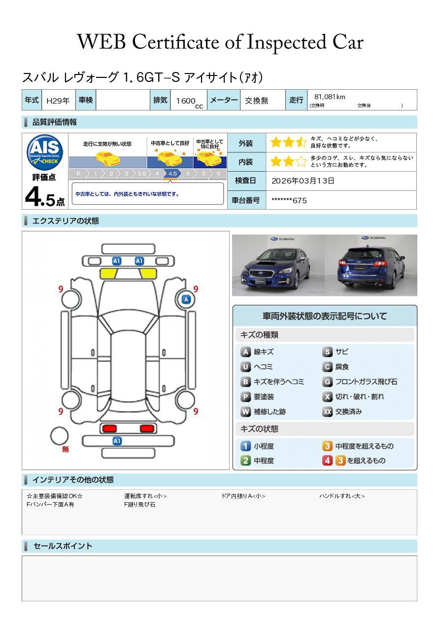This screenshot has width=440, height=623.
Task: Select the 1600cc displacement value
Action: [187, 101]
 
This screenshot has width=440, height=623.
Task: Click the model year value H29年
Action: [58, 101]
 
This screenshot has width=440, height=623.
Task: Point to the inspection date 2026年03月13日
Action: [303, 181]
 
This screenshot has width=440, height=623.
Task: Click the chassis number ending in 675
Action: [289, 200]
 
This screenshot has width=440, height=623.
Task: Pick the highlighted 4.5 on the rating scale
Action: [172, 174]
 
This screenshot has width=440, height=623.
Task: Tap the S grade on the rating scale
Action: [218, 174]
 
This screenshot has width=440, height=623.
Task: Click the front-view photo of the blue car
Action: [278, 265]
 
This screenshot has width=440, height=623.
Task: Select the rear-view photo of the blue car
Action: [371, 265]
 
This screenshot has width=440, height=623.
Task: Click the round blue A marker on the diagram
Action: [186, 299]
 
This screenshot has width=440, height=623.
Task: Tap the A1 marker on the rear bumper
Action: [117, 441]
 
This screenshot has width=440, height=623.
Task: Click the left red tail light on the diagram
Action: [108, 428]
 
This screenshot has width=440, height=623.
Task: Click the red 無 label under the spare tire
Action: [66, 449]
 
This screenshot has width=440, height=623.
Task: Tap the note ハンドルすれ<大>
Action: [342, 496]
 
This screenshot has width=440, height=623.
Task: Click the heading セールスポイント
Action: [63, 546]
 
